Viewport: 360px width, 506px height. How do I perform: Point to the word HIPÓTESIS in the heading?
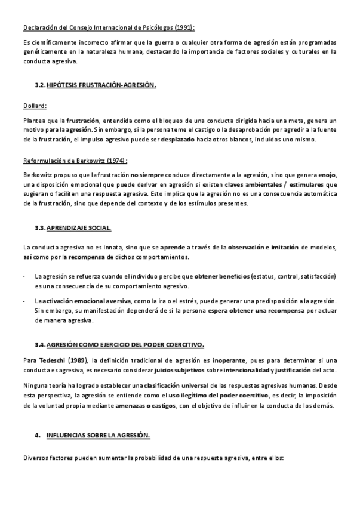coord(63,85)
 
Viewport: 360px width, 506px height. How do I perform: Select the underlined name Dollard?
coord(35,106)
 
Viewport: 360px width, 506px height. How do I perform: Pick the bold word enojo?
coord(326,175)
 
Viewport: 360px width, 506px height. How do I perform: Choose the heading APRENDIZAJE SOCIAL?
coord(78,228)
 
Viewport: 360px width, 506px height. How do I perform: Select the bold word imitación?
coord(285,248)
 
